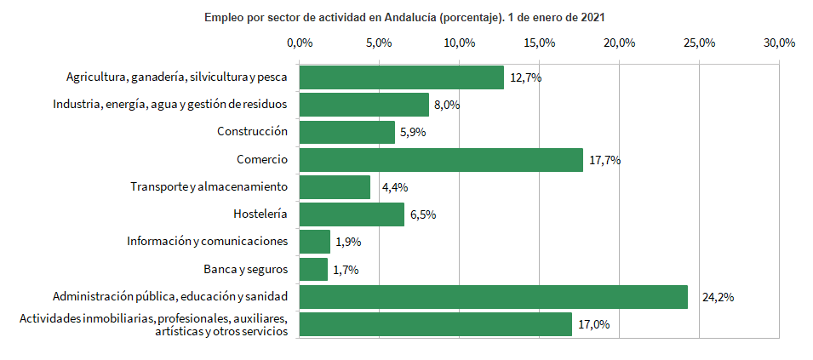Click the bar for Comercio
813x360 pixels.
point(441,160)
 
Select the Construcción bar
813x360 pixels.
point(347,132)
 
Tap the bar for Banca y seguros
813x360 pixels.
point(313,270)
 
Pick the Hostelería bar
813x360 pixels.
point(352,214)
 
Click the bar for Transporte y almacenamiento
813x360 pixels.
point(335,187)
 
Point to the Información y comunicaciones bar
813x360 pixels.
point(315,242)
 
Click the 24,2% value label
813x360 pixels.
point(718,298)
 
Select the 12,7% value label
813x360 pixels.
point(525,77)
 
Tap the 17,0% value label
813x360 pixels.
point(594,325)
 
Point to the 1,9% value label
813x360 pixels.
point(348,243)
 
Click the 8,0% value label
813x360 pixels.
point(447,106)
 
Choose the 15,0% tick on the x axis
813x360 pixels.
point(540,43)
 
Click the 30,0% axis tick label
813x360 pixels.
point(779,43)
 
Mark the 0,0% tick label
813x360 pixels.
point(300,43)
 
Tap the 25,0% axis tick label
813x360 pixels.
point(699,43)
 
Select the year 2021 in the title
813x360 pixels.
point(592,17)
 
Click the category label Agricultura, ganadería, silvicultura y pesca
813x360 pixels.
point(177,77)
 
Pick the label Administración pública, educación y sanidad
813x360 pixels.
point(170,297)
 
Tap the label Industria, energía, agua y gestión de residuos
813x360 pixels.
point(170,105)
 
